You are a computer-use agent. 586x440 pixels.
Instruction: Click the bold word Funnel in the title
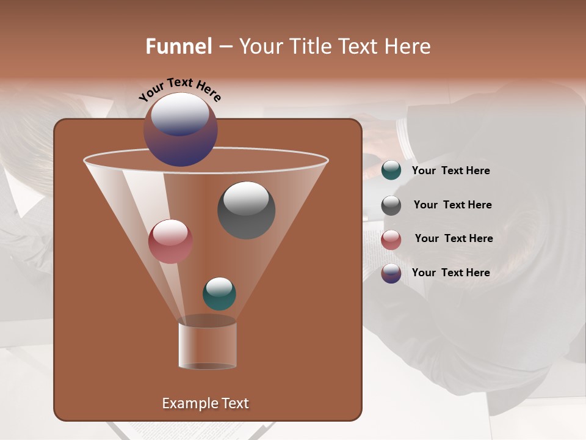(x=178, y=46)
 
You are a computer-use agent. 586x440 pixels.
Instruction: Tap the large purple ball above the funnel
(x=181, y=129)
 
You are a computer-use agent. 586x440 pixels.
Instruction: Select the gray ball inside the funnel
(x=246, y=210)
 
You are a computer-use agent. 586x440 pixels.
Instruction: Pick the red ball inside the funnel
(x=170, y=241)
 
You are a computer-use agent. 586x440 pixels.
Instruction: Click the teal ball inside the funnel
(x=219, y=293)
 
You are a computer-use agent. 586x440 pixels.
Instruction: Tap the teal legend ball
(x=391, y=170)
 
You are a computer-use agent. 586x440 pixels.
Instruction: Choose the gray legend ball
(x=391, y=205)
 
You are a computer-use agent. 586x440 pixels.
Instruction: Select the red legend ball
(x=391, y=240)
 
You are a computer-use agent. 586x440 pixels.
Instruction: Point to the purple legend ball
(x=391, y=273)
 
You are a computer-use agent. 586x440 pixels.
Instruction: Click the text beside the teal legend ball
(x=450, y=170)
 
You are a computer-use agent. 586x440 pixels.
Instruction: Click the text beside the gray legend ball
(x=452, y=205)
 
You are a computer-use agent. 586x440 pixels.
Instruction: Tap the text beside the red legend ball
(x=454, y=238)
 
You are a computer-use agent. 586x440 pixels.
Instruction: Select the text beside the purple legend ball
(x=450, y=273)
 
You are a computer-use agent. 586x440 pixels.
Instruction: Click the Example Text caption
(x=205, y=403)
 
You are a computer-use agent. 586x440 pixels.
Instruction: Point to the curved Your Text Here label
(x=179, y=91)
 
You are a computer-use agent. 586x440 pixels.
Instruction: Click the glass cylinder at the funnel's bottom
(x=208, y=345)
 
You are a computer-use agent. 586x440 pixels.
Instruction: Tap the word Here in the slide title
(x=410, y=46)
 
